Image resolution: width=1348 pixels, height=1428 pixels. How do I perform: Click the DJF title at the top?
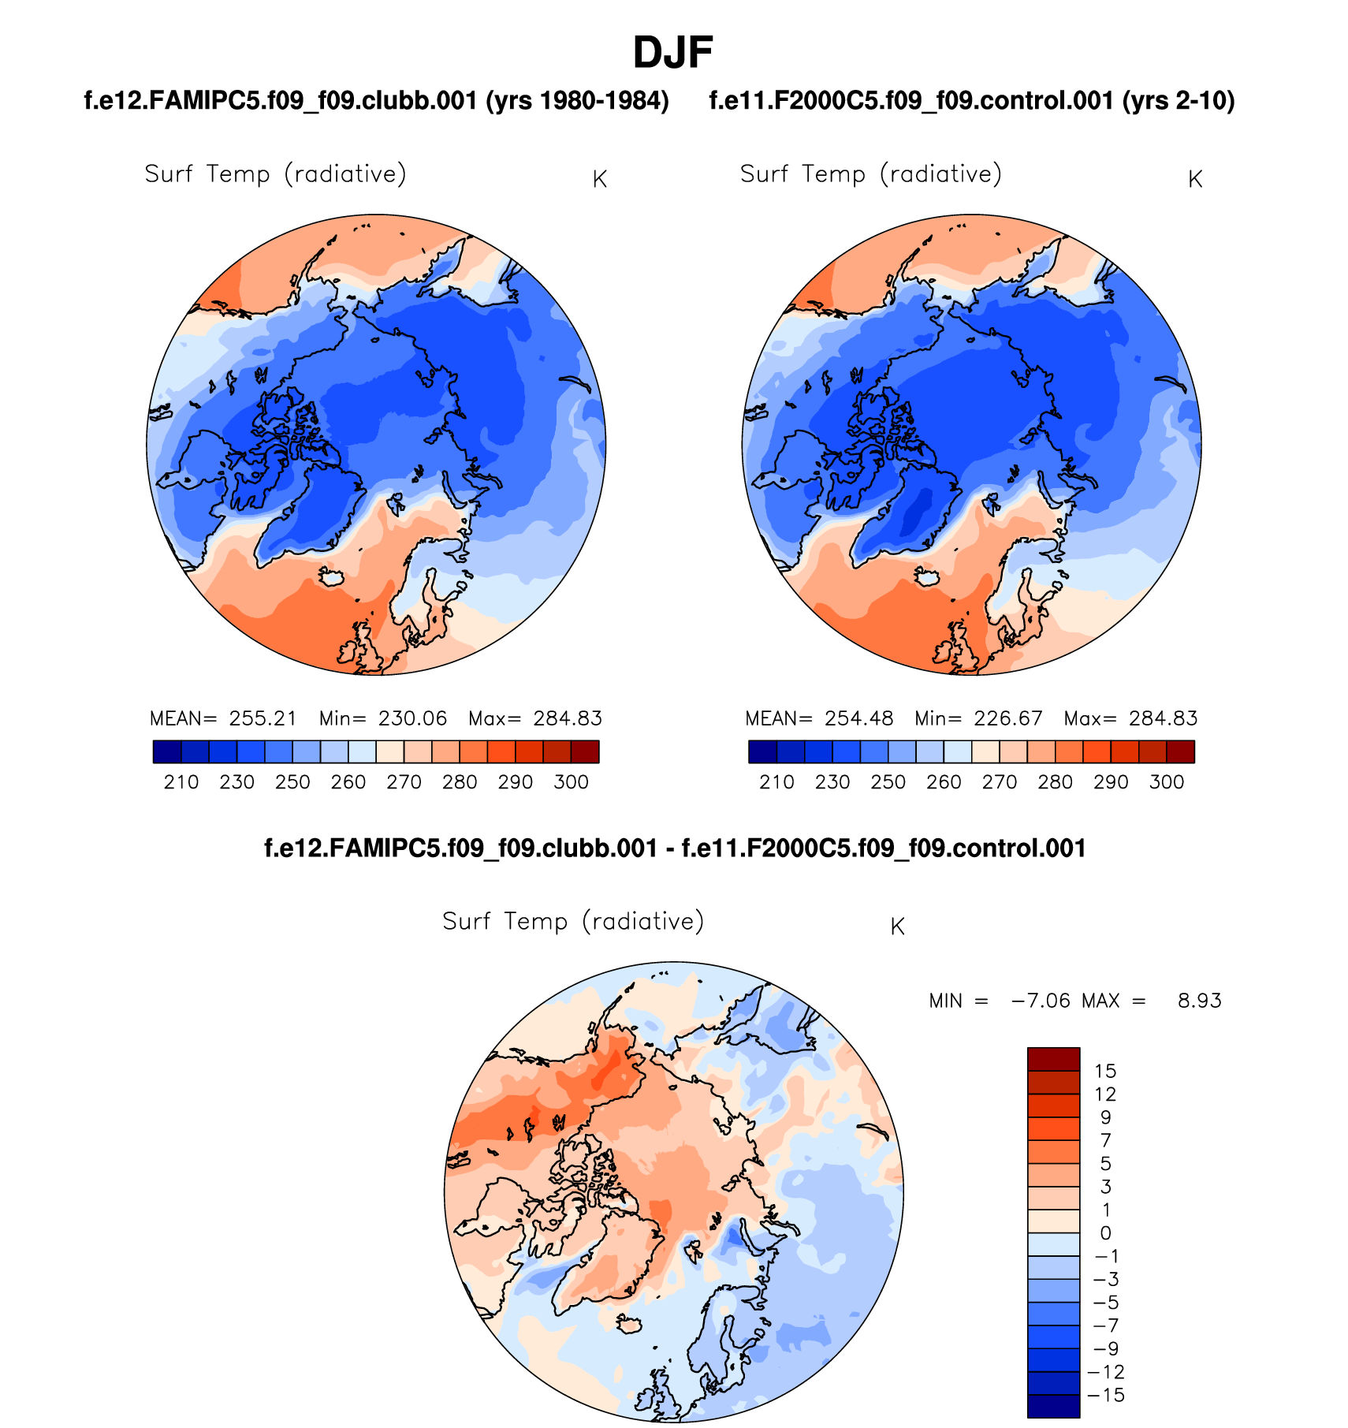pos(672,53)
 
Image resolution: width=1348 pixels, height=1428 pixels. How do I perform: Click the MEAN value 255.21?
pos(263,718)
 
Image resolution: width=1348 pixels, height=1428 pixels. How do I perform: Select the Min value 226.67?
pos(1008,718)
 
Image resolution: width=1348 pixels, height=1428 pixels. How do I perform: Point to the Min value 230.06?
pos(412,718)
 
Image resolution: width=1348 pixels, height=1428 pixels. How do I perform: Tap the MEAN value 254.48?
pos(858,718)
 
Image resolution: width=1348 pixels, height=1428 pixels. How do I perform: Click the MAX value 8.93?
pos(1199,1001)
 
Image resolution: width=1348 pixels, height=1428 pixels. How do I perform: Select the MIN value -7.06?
pos(1041,1001)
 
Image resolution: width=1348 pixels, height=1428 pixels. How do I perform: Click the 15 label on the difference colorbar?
pos(1105,1071)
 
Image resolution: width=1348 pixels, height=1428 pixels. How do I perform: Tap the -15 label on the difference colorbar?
pos(1105,1395)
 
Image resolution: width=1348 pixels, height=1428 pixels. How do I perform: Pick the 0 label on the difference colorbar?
pos(1105,1233)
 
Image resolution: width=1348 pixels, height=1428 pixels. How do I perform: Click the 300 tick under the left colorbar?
pos(571,782)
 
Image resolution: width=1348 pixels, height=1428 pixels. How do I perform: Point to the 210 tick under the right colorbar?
pos(776,782)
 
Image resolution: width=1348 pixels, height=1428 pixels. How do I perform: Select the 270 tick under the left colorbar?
pos(404,782)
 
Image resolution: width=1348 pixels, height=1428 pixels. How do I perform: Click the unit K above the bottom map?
pos(897,927)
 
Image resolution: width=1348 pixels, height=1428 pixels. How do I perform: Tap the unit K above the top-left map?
pos(599,180)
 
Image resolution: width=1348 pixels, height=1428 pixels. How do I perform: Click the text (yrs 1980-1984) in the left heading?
pos(577,101)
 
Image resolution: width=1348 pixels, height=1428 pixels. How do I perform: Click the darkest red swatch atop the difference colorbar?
pos(1053,1058)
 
